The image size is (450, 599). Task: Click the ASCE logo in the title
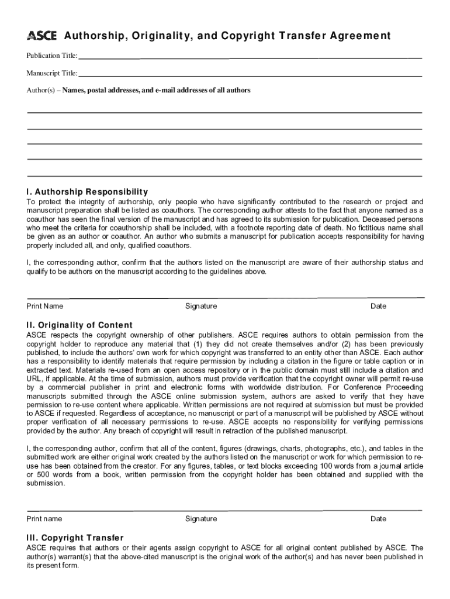tap(41, 36)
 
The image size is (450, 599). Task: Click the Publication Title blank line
tap(250, 57)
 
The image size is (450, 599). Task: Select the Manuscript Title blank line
tap(250, 75)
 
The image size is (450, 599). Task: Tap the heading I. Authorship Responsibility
tap(87, 192)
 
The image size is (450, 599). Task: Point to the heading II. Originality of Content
tap(79, 325)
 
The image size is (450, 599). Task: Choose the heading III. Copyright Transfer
tap(75, 538)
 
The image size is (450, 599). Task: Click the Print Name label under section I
tap(45, 306)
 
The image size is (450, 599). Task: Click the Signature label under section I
tap(200, 306)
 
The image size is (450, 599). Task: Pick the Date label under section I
tap(378, 306)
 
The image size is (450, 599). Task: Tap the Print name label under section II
tap(44, 519)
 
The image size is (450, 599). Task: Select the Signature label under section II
tap(200, 519)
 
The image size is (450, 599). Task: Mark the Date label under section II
tap(378, 519)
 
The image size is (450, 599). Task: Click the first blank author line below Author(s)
tap(224, 112)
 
